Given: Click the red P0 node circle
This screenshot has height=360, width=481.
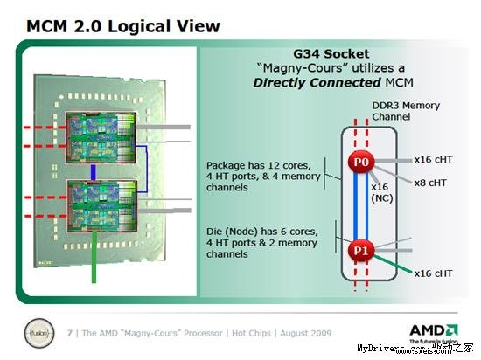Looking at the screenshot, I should click(x=360, y=163).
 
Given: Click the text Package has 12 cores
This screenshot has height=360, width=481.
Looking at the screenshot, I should click(x=249, y=163).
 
